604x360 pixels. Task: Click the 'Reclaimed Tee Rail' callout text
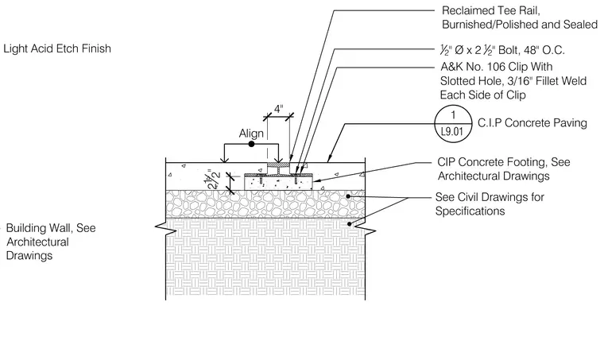(x=491, y=10)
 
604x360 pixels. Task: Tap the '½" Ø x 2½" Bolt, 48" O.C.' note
(x=502, y=50)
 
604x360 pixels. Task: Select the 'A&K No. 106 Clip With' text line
(x=497, y=67)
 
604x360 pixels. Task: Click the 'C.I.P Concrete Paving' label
(x=532, y=123)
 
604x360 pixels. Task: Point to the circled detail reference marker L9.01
(x=453, y=124)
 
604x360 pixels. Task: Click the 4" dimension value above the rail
(x=278, y=110)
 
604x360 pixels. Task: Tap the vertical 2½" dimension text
(x=214, y=179)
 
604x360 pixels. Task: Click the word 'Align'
(x=251, y=134)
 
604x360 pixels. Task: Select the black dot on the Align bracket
(x=252, y=144)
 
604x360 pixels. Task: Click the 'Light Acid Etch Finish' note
(x=57, y=48)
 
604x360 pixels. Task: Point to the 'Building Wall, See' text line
(x=51, y=228)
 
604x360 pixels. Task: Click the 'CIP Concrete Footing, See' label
(x=503, y=162)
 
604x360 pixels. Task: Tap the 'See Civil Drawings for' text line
(x=490, y=197)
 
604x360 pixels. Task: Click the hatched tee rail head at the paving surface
(x=278, y=165)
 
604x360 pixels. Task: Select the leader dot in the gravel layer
(x=348, y=196)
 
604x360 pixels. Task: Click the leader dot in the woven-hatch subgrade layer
(x=350, y=223)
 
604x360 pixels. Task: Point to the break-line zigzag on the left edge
(x=166, y=228)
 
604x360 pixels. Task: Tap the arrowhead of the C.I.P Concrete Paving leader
(x=329, y=158)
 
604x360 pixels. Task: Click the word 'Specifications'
(x=470, y=211)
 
